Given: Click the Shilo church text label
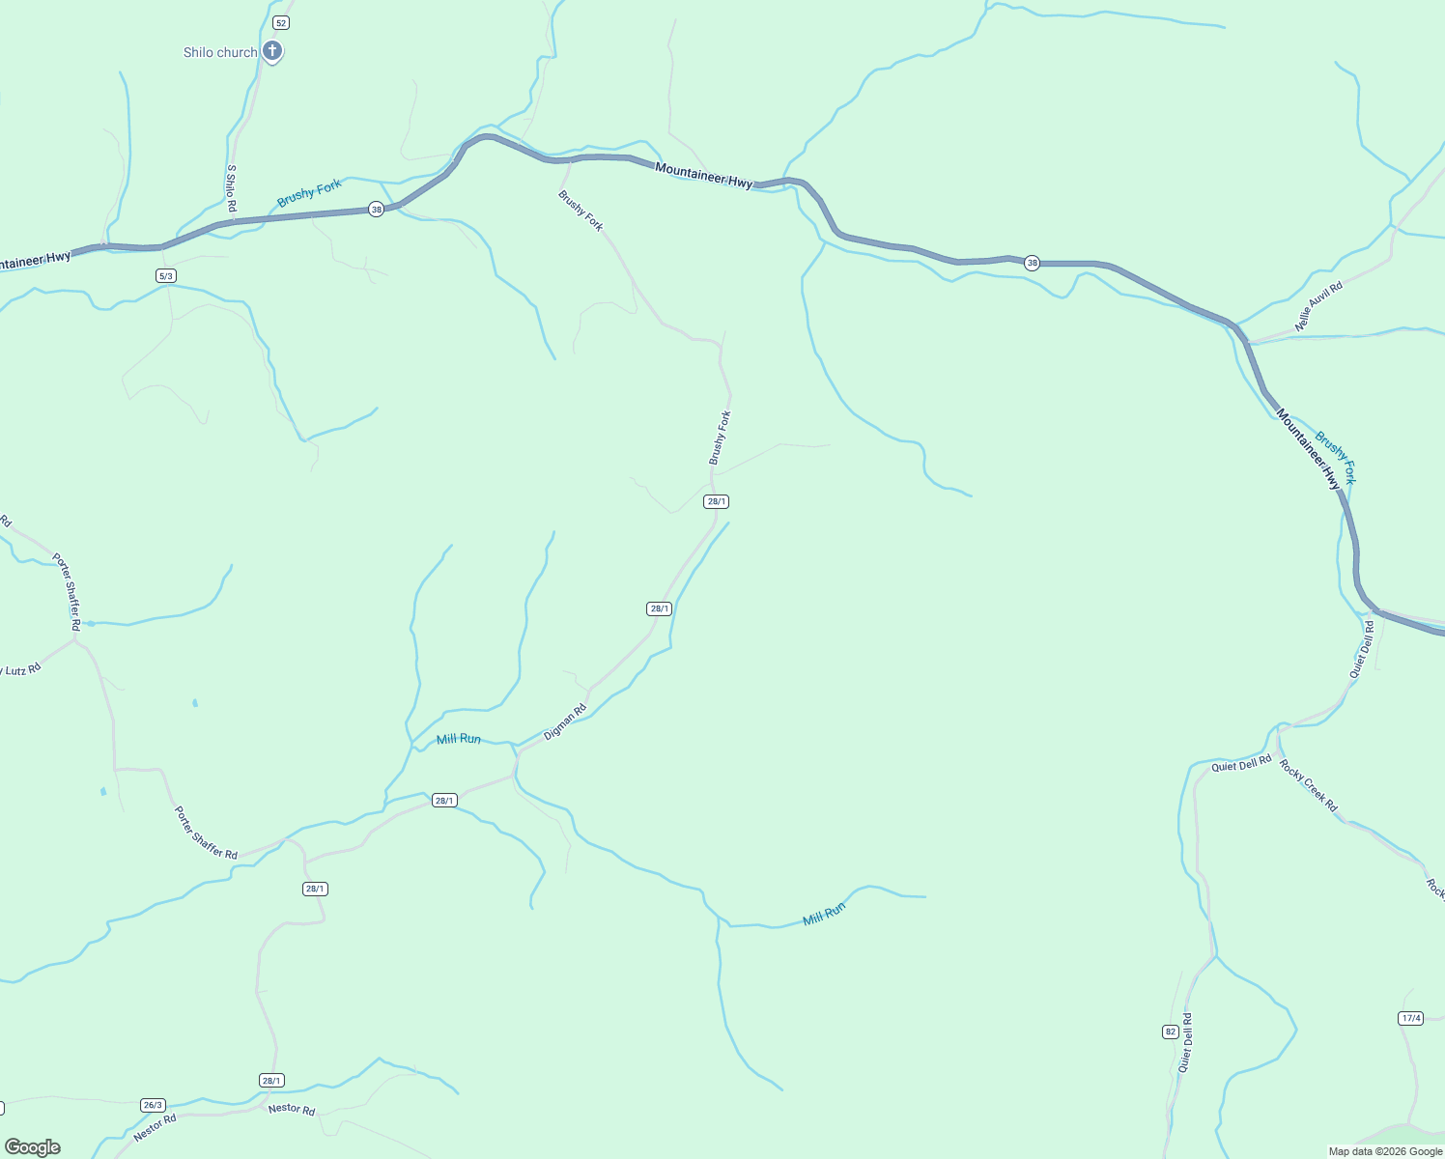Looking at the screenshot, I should coord(220,52).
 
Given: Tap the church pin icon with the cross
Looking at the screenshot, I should coord(272,50).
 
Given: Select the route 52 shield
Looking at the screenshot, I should coord(280,22).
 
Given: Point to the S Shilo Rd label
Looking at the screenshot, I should coord(232,188).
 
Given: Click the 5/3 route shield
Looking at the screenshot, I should coord(165,276).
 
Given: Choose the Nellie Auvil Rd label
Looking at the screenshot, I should coord(1318,307).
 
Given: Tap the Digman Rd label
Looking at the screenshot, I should coord(565,722).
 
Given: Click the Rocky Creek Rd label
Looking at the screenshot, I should coord(1309,785).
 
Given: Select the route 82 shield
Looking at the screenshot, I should coord(1170,1032).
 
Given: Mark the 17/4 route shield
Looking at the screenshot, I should coord(1410,1018).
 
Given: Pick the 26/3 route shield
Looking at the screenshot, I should coord(153,1105).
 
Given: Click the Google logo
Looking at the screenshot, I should coord(33,1147).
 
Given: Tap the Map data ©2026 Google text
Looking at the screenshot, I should coord(1385,1151).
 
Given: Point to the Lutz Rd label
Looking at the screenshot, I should coord(21,669).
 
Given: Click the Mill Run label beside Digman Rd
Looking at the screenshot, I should coord(459,739).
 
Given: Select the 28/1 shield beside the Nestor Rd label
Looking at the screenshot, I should coord(271,1081).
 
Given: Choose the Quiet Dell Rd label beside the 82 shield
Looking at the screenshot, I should coord(1185,1043).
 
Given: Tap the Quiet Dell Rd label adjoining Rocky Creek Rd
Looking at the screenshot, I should coord(1241,764).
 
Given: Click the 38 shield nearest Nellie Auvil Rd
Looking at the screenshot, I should coord(1032,263).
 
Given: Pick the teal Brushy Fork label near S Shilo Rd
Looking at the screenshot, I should coord(309,192).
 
